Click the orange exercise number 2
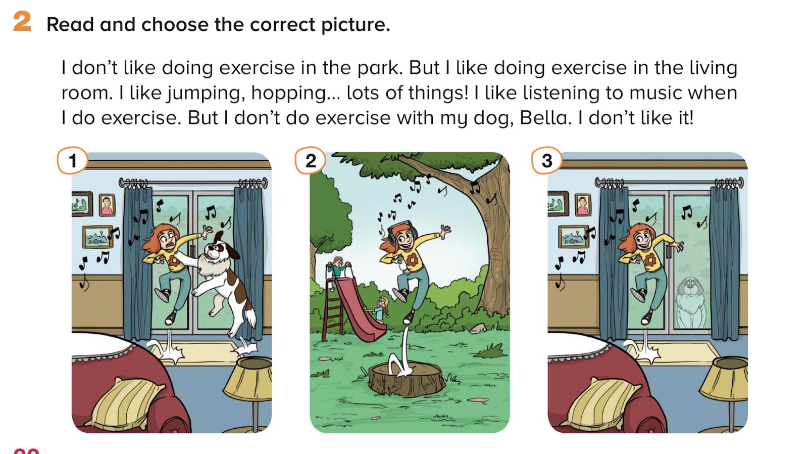[22, 21]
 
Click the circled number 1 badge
[73, 161]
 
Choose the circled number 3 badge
[547, 161]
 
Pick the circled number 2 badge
[310, 161]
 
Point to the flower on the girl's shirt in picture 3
[650, 259]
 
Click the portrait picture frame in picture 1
[107, 205]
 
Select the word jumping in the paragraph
[205, 94]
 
